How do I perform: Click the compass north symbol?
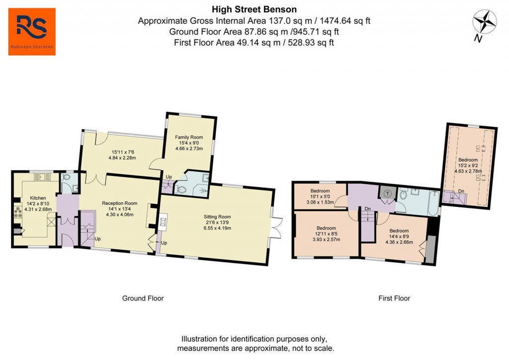pos(485,23)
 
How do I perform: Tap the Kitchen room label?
pos(38,198)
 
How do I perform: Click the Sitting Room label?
pos(217,217)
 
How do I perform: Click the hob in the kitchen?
pos(18,214)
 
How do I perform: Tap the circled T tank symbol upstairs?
pos(387,193)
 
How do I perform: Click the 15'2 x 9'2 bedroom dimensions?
pos(468,166)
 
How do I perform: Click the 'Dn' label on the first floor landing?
pos(367,209)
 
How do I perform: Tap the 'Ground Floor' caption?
pos(143,298)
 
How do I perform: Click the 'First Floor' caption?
pos(394,298)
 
